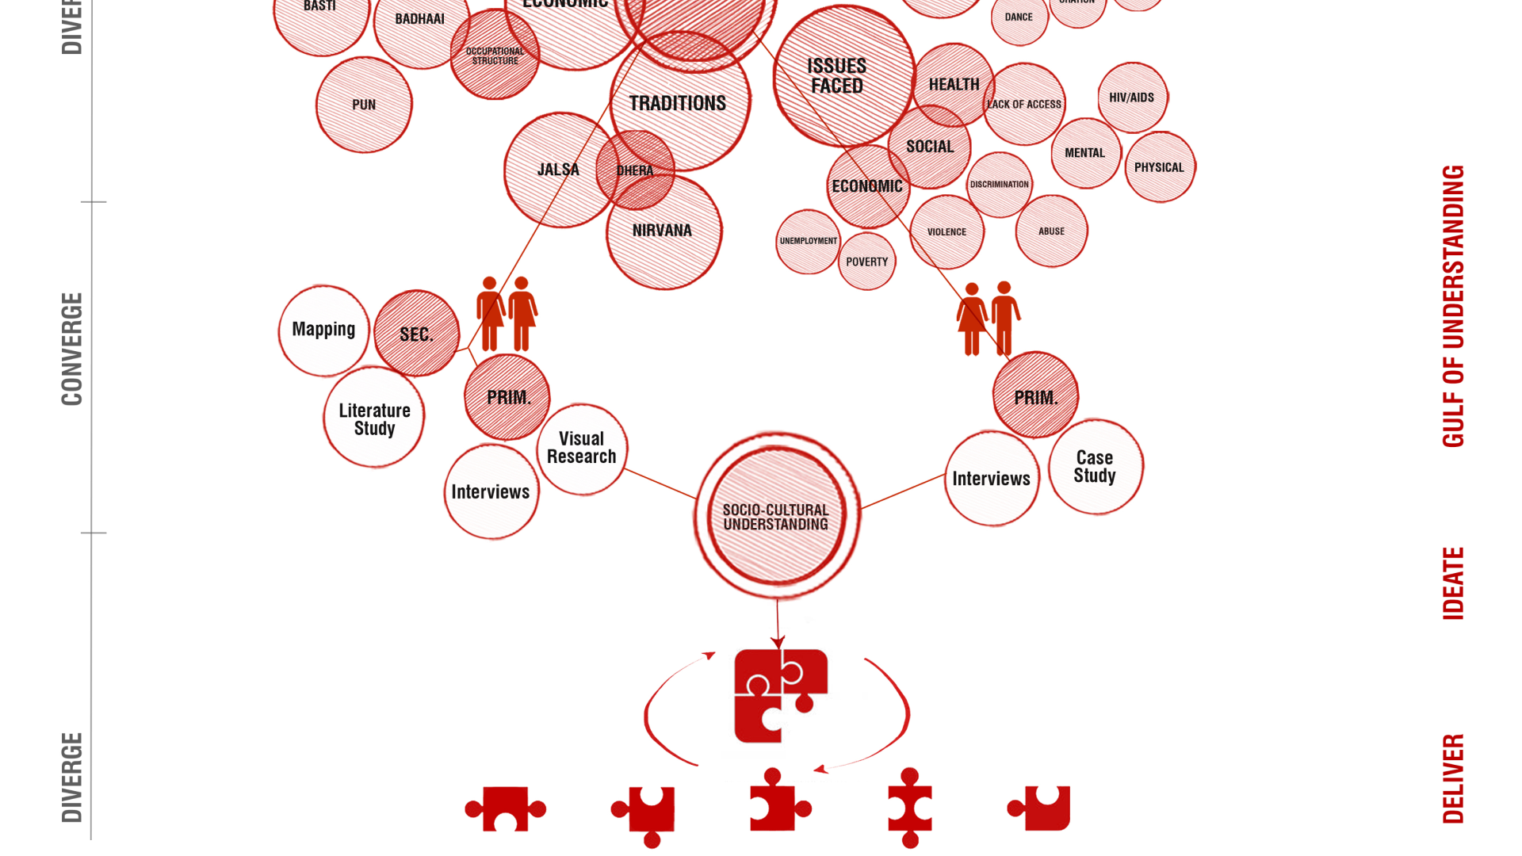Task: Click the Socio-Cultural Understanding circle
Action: [776, 516]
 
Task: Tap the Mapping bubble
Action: [323, 330]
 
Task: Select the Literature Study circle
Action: [374, 418]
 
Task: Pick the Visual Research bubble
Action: [582, 449]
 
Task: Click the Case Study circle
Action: [1096, 467]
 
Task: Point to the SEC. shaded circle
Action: [416, 334]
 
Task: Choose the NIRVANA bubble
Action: [663, 231]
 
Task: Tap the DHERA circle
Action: [635, 170]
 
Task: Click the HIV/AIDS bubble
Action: [1132, 97]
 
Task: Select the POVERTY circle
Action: [866, 262]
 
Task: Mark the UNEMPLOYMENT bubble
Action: [808, 241]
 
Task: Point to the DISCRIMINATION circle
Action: [999, 184]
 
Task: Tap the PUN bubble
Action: [364, 105]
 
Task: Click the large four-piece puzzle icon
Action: [781, 696]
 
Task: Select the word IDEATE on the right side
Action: [1452, 583]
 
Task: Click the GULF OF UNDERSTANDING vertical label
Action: [1452, 306]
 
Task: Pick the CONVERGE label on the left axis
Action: [72, 349]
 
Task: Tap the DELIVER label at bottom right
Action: [1452, 779]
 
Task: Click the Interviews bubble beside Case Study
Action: [992, 479]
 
